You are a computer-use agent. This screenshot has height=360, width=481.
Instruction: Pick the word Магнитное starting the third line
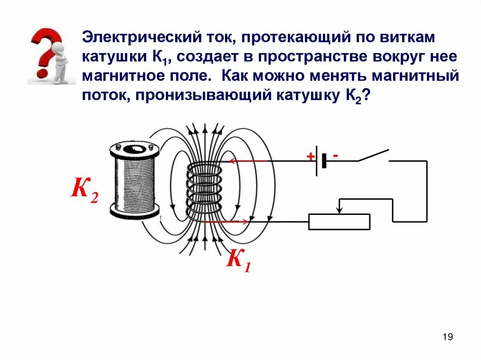tap(123, 76)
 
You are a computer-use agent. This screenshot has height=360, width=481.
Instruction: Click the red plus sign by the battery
tap(310, 156)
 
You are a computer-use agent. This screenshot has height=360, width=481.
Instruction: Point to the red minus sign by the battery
tap(336, 154)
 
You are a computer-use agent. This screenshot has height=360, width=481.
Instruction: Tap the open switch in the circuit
tap(373, 155)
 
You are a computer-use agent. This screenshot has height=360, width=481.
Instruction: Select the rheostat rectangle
tap(339, 222)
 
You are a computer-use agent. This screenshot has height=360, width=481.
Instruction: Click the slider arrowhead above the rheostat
tap(340, 209)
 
